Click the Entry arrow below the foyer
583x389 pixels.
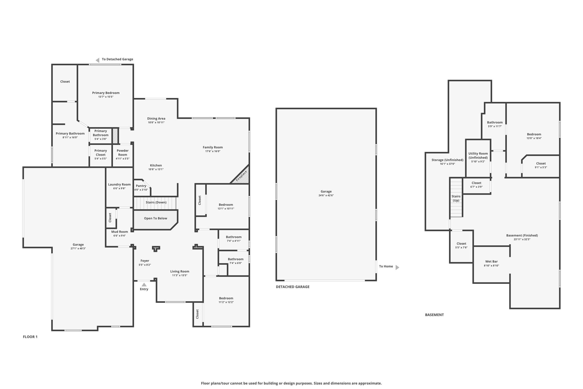coord(144,284)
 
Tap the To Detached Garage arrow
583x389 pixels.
coord(97,60)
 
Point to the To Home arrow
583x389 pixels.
coord(397,267)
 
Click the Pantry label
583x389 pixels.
coord(141,186)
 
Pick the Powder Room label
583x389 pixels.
coord(123,152)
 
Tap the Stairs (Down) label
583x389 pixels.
coord(156,202)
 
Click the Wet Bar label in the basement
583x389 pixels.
coord(491,261)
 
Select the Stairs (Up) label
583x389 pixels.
coord(456,198)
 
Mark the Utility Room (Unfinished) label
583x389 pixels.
coord(478,156)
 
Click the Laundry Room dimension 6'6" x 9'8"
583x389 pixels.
coord(119,188)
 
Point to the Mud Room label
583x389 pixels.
coord(120,232)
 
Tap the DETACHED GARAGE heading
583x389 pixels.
coord(293,287)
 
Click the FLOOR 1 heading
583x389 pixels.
coord(30,337)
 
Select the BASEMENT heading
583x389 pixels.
coord(434,315)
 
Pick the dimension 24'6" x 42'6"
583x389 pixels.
coord(326,195)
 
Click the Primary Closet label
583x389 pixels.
coord(101,152)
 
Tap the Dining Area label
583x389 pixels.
coord(156,119)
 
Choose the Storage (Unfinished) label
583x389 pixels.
coord(447,160)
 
